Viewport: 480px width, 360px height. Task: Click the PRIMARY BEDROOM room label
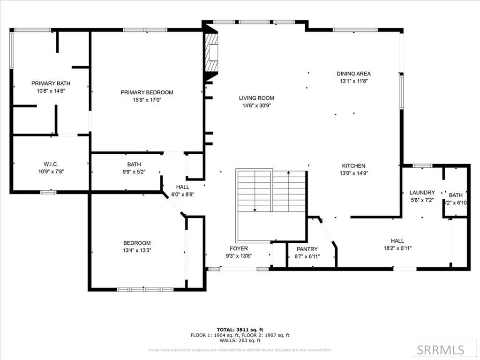point(147,92)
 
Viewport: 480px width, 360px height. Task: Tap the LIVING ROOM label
point(256,98)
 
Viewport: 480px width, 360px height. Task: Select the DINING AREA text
point(353,74)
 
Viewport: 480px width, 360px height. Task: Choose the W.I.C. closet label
point(51,164)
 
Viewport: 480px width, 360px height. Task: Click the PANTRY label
point(307,249)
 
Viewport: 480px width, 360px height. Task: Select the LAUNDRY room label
point(422,192)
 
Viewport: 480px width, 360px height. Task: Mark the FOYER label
point(239,248)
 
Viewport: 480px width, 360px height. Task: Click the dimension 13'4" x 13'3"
point(137,250)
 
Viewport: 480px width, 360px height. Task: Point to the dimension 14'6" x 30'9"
point(256,105)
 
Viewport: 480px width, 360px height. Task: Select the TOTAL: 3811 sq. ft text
point(240,330)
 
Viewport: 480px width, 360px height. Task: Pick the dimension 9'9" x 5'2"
point(134,172)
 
